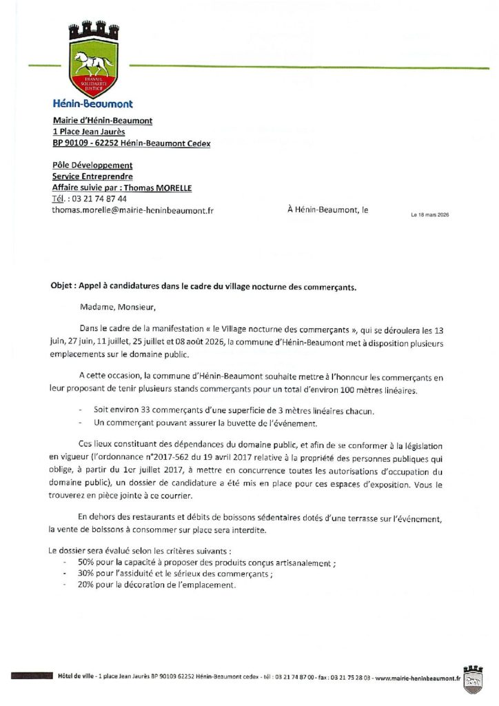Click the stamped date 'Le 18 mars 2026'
pos(429,214)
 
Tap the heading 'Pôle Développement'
pos(92,165)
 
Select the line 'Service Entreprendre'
pos(92,176)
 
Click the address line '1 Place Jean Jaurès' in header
pos(88,132)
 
